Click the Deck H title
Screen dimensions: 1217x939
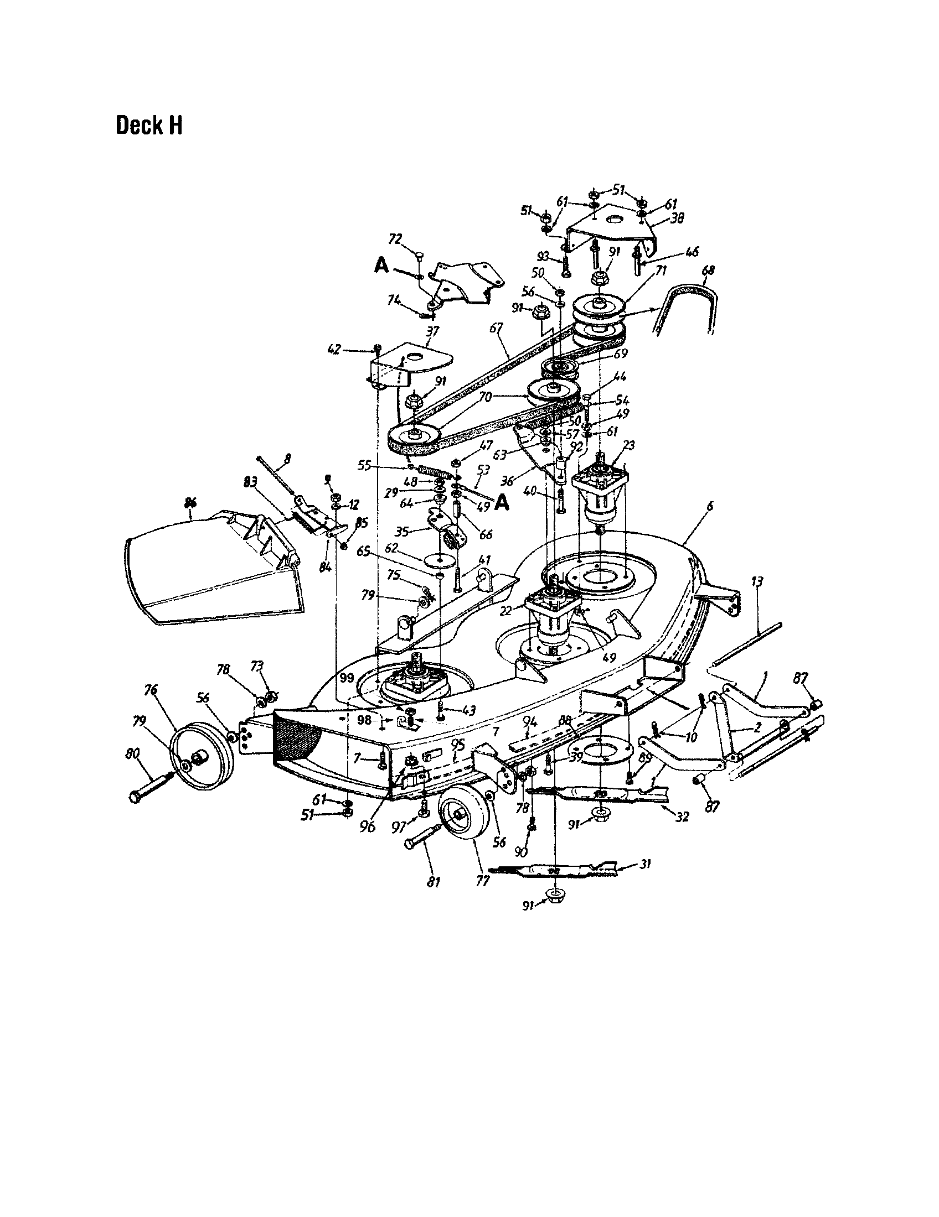[x=149, y=126]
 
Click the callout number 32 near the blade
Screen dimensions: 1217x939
[x=682, y=817]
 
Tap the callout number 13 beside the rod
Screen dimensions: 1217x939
[x=757, y=583]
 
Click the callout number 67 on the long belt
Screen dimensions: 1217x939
[x=496, y=330]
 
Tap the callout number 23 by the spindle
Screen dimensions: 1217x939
[x=629, y=445]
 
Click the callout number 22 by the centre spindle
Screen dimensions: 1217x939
[x=505, y=611]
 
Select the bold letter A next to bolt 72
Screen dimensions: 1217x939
[x=381, y=267]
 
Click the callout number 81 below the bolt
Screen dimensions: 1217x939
[x=434, y=882]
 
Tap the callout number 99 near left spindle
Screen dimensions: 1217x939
[x=347, y=678]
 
